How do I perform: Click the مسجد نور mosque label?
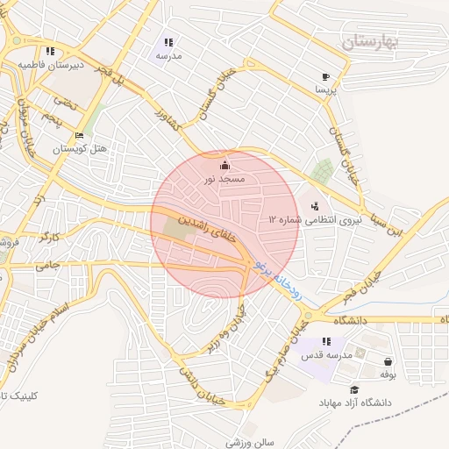(222, 179)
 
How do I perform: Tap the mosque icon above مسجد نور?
(224, 165)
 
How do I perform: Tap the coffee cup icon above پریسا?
(325, 76)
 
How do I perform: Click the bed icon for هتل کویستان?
(79, 136)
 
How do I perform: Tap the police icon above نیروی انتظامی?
(315, 205)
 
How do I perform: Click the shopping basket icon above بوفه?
(388, 361)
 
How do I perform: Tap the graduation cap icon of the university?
(354, 390)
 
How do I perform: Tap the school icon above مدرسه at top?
(168, 42)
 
